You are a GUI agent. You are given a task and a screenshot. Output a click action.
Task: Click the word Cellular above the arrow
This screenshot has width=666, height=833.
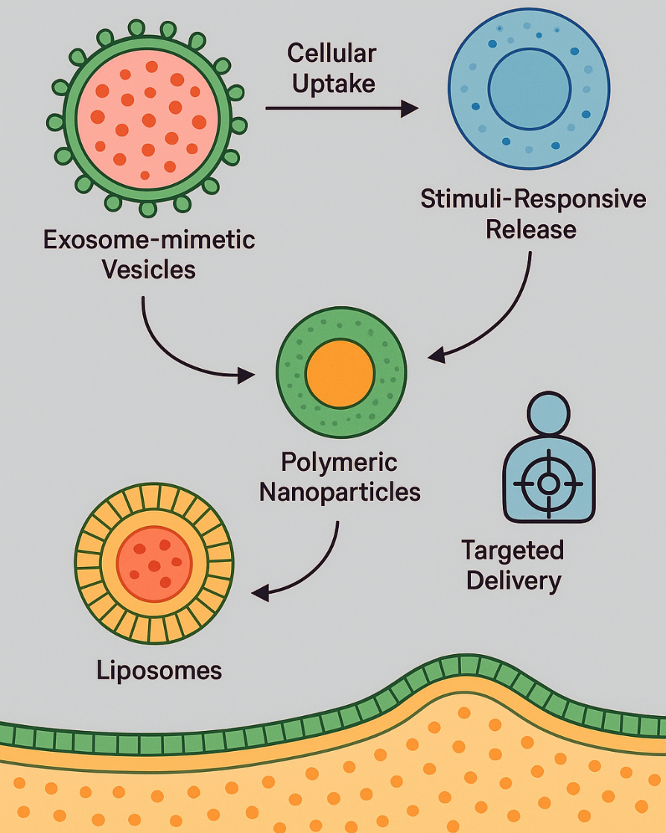[x=332, y=54]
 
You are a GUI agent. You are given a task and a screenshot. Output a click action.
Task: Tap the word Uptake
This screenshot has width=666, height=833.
[x=332, y=83]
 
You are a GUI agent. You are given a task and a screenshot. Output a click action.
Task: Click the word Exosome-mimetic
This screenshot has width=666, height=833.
[x=149, y=241]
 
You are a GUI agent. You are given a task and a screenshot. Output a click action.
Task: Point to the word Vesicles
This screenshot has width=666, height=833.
[x=150, y=268]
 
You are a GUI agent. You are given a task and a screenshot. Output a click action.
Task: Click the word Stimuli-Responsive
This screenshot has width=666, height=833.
[x=533, y=199]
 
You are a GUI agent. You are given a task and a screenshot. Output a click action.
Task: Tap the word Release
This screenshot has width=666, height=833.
[x=530, y=228]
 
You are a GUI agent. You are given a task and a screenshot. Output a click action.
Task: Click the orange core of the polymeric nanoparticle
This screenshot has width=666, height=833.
[x=340, y=372]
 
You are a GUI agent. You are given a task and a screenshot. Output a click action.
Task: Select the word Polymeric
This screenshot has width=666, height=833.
[x=340, y=462]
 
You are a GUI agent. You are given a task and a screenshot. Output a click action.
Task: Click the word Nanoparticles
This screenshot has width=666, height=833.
[x=340, y=492]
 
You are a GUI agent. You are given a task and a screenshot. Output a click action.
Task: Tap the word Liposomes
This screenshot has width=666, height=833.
[x=159, y=670]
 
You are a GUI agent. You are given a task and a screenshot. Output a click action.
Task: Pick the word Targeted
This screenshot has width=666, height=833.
[x=513, y=551]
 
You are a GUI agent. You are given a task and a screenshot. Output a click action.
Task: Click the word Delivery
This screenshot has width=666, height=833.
[x=513, y=580]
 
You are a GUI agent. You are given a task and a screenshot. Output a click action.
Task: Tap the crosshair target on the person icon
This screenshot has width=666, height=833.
[x=548, y=484]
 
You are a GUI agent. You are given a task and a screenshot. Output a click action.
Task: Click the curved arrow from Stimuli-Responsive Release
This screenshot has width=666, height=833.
[x=507, y=313]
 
